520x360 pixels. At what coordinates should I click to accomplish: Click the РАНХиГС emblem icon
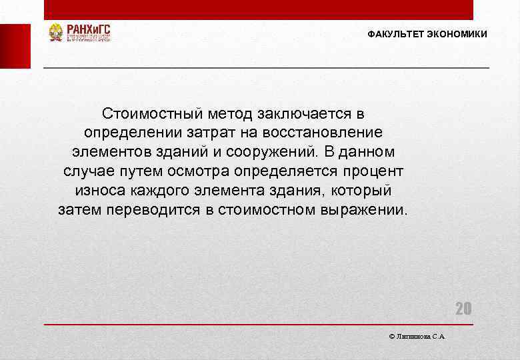point(55,32)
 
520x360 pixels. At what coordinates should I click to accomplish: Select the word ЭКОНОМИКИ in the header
point(457,34)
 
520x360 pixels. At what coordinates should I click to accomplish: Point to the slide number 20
point(463,308)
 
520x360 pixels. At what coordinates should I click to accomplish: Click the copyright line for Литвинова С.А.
point(417,337)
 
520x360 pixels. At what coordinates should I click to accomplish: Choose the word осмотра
point(231,171)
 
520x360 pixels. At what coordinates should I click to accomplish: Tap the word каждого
point(154,190)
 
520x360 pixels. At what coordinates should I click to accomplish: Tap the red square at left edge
point(15,46)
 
